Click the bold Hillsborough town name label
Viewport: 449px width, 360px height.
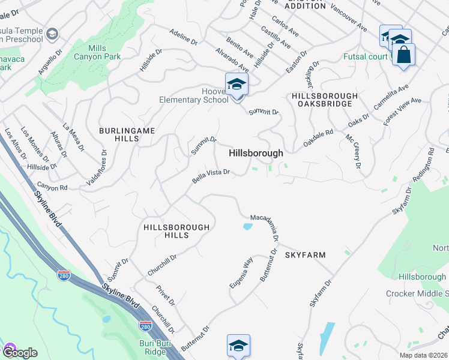(x=255, y=154)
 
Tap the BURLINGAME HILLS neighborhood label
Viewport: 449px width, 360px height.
(x=119, y=134)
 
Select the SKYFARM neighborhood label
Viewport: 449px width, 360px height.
(x=305, y=255)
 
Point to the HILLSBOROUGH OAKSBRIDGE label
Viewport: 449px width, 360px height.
(x=325, y=100)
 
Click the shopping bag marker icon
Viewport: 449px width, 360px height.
(x=404, y=55)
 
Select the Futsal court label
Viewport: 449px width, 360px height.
(x=367, y=58)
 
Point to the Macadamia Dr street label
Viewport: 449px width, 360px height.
(x=265, y=226)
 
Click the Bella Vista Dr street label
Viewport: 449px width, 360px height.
(x=211, y=175)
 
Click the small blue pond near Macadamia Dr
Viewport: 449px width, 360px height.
(x=247, y=227)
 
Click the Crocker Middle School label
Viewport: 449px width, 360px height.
(x=417, y=293)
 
